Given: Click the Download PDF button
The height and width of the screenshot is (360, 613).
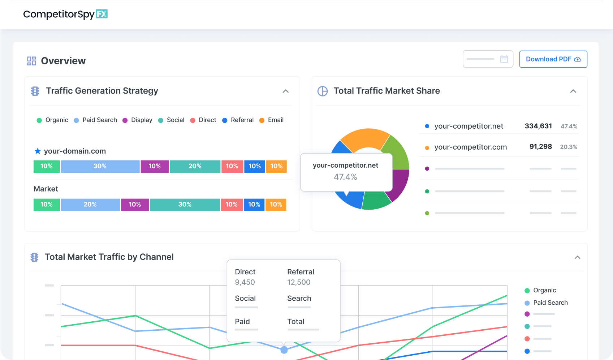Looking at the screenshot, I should (553, 59).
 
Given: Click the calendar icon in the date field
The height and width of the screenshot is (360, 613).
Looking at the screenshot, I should (504, 59).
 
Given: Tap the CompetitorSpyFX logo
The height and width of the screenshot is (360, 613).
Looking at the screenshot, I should (65, 14).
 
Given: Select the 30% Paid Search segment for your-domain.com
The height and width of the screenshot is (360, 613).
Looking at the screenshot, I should (100, 166).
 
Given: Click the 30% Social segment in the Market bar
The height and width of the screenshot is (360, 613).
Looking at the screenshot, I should (185, 205).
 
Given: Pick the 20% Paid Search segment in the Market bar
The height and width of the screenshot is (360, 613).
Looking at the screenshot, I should (90, 205).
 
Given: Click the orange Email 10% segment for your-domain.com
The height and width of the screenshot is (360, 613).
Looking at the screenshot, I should (276, 166).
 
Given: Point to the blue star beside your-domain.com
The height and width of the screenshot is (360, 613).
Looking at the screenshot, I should (38, 151).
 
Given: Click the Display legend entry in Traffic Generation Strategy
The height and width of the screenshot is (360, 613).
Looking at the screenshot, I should (138, 120).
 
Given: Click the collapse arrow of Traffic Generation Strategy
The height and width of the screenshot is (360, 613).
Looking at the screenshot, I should (286, 91).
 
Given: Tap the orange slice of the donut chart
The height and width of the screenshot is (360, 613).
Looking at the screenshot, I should (365, 139).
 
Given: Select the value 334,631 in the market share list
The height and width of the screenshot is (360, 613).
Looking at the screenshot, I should (538, 126).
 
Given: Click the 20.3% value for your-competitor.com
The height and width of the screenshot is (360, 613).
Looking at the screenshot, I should (569, 147).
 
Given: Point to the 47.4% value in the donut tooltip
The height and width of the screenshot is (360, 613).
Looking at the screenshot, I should (345, 177).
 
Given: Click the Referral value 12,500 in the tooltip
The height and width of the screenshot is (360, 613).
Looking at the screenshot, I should (299, 282).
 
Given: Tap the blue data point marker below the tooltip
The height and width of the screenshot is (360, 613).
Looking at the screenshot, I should (284, 350).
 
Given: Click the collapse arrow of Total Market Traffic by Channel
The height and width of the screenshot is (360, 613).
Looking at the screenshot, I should (577, 257).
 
